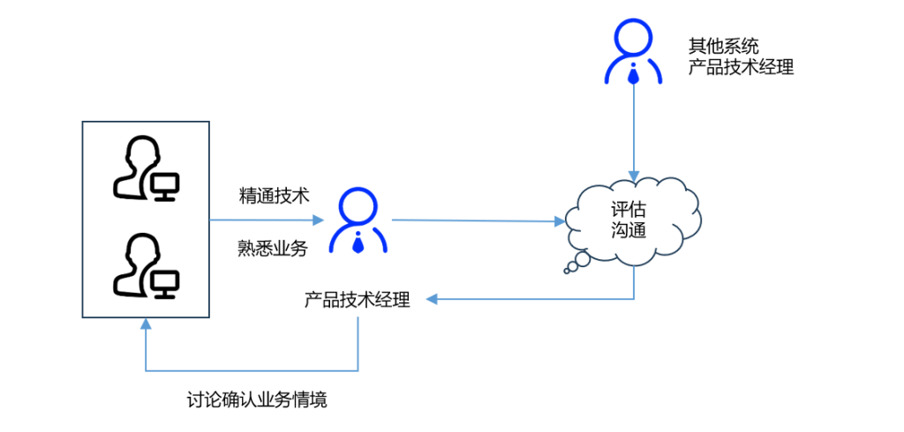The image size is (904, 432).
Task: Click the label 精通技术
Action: [274, 196]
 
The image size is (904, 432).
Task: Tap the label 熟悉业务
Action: [273, 249]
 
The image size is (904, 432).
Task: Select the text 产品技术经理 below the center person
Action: [358, 300]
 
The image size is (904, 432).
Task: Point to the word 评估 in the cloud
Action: [629, 210]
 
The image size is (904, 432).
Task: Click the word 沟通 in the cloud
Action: [629, 232]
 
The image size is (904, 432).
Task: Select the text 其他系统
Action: [724, 46]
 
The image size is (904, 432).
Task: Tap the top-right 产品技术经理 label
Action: [742, 68]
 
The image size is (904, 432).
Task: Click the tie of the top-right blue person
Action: [633, 75]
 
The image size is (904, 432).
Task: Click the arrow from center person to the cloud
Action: [478, 220]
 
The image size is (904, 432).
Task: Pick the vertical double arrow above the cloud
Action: [634, 133]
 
